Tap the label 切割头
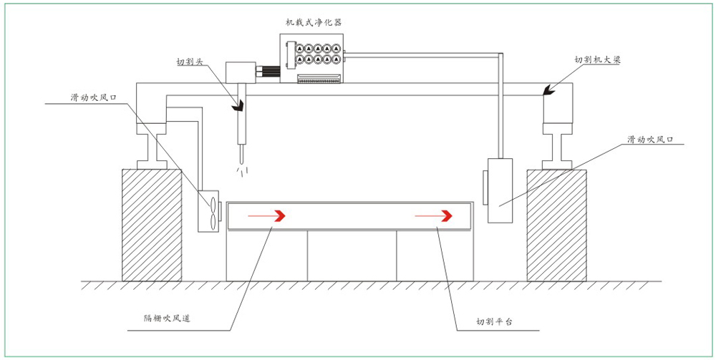pos(190,61)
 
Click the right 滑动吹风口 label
pos(649,138)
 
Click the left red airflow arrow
pos(266,215)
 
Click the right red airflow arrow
pos(433,215)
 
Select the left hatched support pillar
pos(152,225)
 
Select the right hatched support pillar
pos(556,225)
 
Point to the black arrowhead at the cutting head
pos(239,106)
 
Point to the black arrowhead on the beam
pos(549,90)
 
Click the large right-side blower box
pos(500,190)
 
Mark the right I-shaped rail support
pos(557,146)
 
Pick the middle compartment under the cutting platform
pos(352,256)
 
